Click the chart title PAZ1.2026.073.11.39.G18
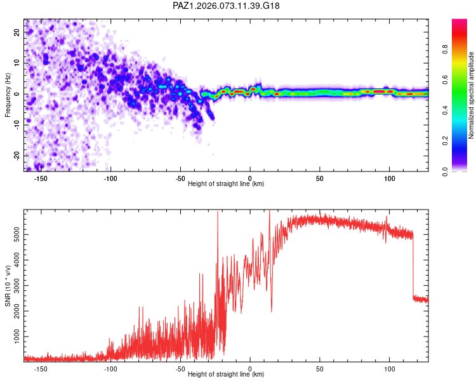coord(227,6)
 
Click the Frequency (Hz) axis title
coord(8,95)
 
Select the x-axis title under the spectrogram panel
coord(226,184)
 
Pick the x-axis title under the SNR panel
coord(226,375)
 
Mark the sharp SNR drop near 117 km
coord(413,267)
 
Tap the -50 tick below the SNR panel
coord(180,369)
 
